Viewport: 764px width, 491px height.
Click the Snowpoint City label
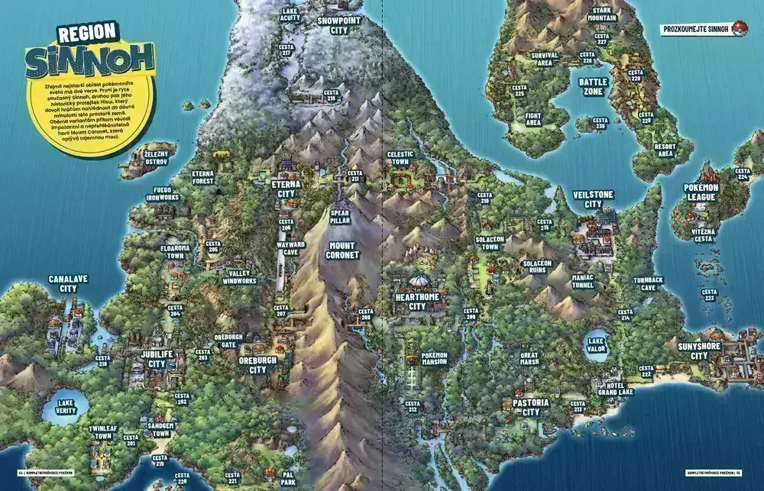pyautogui.click(x=339, y=24)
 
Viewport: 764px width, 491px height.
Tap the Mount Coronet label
pyautogui.click(x=342, y=250)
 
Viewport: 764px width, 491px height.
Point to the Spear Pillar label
pyautogui.click(x=341, y=217)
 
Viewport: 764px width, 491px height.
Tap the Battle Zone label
pyautogui.click(x=593, y=86)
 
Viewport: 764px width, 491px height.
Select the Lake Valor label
pyautogui.click(x=597, y=344)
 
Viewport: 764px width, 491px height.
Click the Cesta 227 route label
pyautogui.click(x=602, y=40)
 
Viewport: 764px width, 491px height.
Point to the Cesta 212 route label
pyautogui.click(x=412, y=406)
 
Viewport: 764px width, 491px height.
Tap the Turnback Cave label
pyautogui.click(x=648, y=283)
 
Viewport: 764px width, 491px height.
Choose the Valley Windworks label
pyautogui.click(x=243, y=276)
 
